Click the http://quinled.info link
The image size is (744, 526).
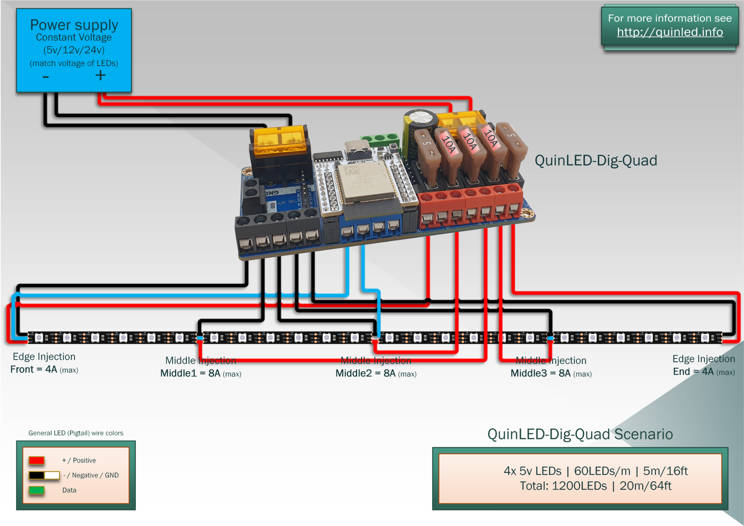click(670, 32)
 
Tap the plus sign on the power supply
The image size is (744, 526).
click(100, 76)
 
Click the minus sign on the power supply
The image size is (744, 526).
click(46, 77)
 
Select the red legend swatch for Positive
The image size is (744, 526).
click(37, 460)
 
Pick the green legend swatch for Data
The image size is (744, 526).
click(37, 490)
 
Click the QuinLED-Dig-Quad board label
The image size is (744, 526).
click(595, 161)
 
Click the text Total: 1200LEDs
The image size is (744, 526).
click(563, 486)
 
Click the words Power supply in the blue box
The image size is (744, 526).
click(74, 25)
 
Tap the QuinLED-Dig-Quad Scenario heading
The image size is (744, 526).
click(580, 434)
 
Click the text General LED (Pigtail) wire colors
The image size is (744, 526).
click(76, 433)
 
